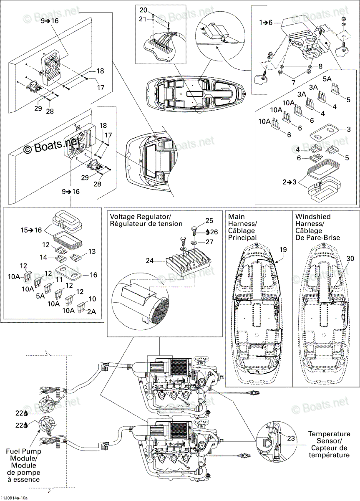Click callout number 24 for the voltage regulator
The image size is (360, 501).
click(150, 261)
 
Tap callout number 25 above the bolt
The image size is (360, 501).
click(209, 220)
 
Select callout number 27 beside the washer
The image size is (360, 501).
click(209, 242)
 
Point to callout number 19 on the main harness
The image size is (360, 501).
click(283, 250)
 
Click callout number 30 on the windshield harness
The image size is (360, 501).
click(350, 258)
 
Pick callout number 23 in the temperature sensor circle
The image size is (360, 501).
click(291, 438)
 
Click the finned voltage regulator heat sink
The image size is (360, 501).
click(189, 264)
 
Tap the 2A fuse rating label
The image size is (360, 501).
click(92, 311)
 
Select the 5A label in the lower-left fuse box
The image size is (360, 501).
click(40, 296)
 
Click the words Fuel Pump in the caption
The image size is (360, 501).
click(24, 451)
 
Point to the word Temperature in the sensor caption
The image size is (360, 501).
click(329, 434)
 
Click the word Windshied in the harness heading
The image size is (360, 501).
click(313, 217)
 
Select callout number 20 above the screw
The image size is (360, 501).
click(143, 10)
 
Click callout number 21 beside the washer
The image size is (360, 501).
click(143, 19)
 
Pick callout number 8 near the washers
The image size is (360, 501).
click(320, 66)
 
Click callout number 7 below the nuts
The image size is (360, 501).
click(293, 83)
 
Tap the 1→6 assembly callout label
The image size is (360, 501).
click(266, 23)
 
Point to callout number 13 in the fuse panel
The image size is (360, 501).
click(92, 251)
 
